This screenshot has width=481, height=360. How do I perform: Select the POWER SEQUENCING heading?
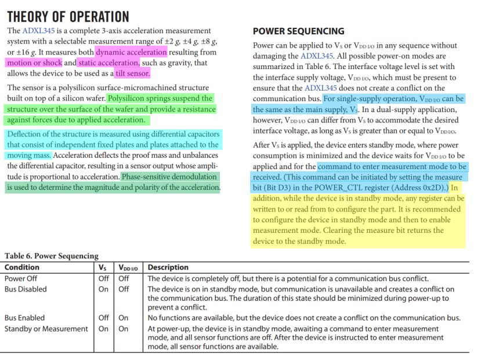(299, 31)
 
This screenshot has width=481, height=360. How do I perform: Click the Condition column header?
(22, 268)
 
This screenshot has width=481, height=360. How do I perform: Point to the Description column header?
(168, 268)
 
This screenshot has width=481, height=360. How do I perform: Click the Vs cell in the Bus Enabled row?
(104, 318)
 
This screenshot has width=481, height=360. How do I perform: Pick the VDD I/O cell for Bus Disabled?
(124, 289)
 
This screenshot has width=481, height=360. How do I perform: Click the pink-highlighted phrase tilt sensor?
(132, 74)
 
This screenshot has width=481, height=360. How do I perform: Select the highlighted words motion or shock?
(34, 63)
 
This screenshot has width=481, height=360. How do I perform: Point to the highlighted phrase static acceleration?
(109, 63)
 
